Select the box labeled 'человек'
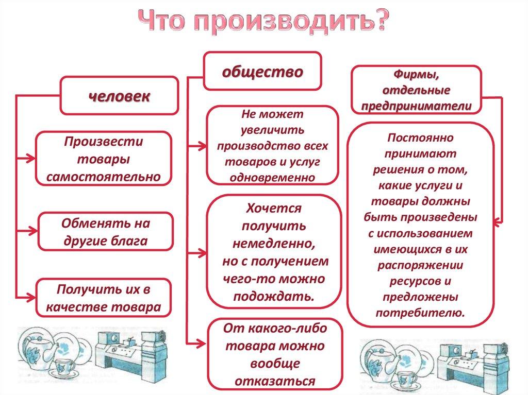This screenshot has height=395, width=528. pyautogui.click(x=119, y=96)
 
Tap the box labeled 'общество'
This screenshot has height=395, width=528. pyautogui.click(x=262, y=71)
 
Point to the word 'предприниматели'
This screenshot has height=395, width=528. pyautogui.click(x=416, y=105)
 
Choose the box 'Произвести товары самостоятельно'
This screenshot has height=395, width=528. pyautogui.click(x=103, y=159)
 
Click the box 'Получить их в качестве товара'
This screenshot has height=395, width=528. pyautogui.click(x=103, y=298)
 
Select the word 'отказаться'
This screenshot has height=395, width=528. pyautogui.click(x=274, y=381)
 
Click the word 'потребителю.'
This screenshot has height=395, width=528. pyautogui.click(x=420, y=312)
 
